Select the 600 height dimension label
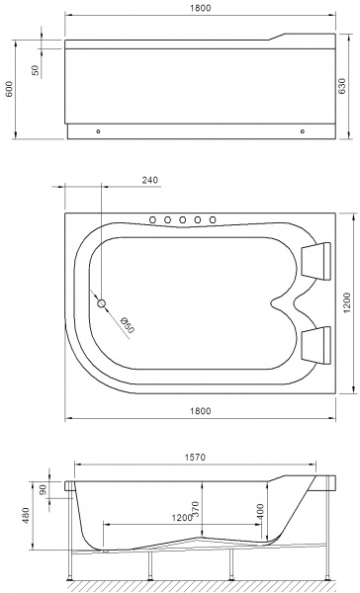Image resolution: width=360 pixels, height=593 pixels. click(x=10, y=90)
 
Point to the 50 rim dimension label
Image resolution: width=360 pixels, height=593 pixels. click(x=36, y=71)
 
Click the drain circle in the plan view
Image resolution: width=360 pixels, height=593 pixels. click(x=101, y=303)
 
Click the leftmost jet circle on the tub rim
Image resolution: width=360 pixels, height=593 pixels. click(x=153, y=219)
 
